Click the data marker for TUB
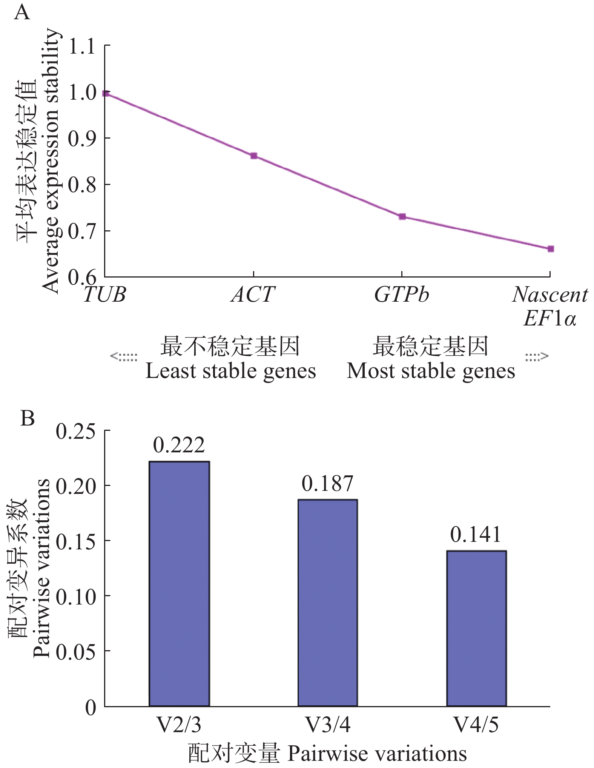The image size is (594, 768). pos(106,93)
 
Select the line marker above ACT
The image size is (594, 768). pos(254,156)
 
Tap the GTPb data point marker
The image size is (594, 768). pos(402,217)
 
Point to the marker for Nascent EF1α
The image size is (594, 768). pos(550,249)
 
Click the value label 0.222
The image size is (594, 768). pos(179,446)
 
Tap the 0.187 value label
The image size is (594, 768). pos(327,484)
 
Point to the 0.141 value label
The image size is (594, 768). pos(476,535)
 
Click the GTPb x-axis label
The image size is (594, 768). pos(402,295)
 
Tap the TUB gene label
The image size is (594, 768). pos(104,295)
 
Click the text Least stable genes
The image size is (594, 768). pos(230,371)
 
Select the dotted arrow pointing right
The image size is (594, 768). pos(537,356)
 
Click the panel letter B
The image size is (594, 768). pos(28,418)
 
